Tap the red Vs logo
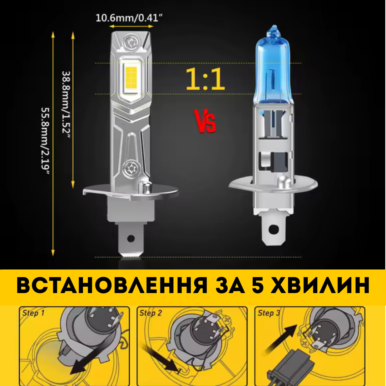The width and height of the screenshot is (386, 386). point(205,121)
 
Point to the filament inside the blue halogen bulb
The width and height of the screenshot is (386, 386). point(272,80)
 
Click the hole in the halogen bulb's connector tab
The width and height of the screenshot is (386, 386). point(273,228)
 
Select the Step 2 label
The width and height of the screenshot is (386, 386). point(150,313)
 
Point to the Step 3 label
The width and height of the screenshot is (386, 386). point(269,313)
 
